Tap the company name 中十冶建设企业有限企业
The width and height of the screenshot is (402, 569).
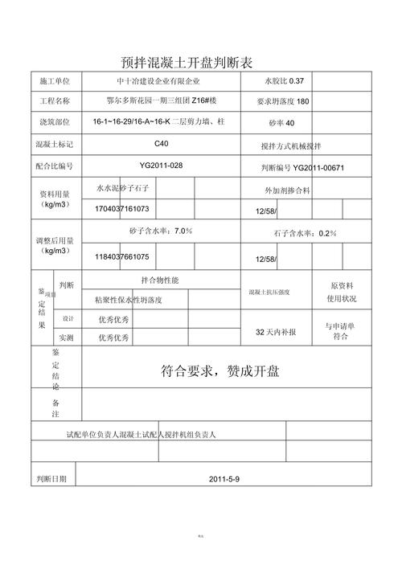158,82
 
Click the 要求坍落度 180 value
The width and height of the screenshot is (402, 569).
282,102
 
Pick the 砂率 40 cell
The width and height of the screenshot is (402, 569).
282,122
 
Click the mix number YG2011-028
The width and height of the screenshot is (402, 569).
161,165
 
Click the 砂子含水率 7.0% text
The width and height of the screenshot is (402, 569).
161,231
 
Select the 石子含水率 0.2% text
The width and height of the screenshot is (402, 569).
305,233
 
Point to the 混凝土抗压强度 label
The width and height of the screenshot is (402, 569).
274,292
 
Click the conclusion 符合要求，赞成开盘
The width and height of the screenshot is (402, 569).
219,372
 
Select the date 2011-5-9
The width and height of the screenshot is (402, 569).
224,479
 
